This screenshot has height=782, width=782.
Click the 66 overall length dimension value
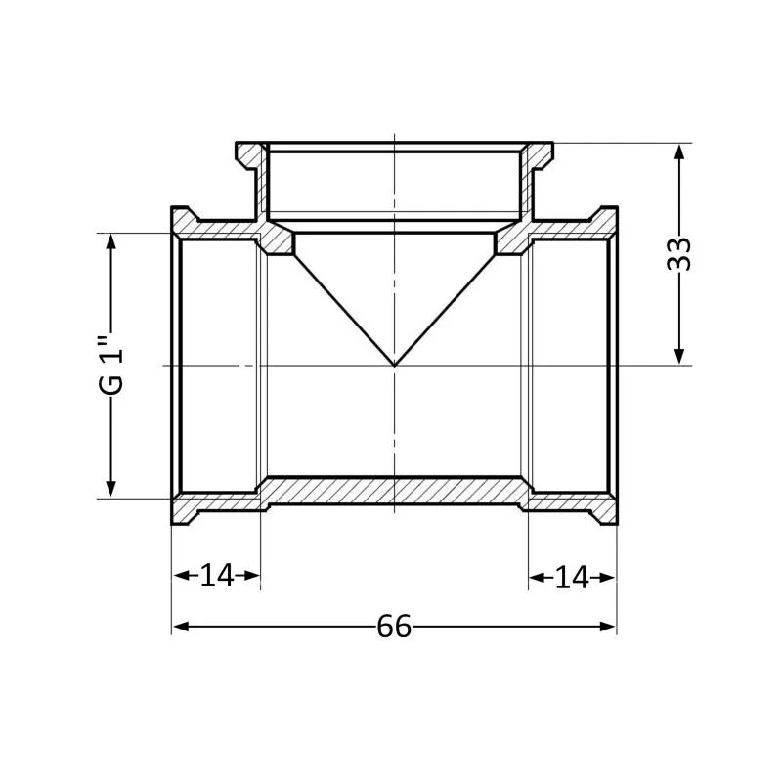point(394,626)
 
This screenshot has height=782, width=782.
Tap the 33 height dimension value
point(679,254)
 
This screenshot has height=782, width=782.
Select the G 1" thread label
point(110,366)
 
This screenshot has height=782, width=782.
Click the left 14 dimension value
point(217,575)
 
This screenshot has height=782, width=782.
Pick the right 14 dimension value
point(572,578)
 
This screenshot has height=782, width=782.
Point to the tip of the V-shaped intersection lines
point(395,366)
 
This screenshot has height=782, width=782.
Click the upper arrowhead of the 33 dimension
point(679,152)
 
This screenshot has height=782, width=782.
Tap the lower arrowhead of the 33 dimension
point(679,357)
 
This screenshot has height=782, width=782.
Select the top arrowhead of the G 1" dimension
point(110,241)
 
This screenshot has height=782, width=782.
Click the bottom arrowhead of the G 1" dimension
point(110,490)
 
